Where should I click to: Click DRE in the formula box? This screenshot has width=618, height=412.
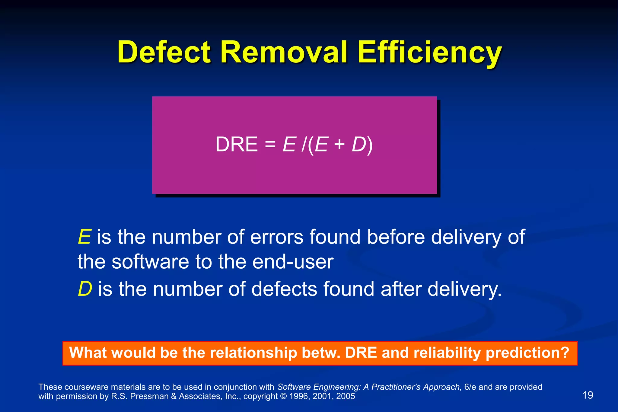pyautogui.click(x=236, y=145)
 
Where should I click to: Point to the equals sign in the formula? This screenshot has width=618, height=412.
pyautogui.click(x=270, y=145)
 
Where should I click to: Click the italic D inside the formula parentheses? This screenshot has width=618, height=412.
pyautogui.click(x=359, y=145)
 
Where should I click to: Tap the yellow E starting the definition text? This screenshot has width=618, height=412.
pyautogui.click(x=84, y=237)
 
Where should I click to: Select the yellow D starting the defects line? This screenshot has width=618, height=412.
pyautogui.click(x=84, y=289)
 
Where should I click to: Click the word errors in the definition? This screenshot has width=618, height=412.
pyautogui.click(x=277, y=237)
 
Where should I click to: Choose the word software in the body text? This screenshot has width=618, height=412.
pyautogui.click(x=150, y=262)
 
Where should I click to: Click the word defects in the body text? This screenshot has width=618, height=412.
pyautogui.click(x=284, y=289)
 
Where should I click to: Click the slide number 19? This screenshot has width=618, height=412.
pyautogui.click(x=588, y=395)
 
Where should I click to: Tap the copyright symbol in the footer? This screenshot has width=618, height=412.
pyautogui.click(x=283, y=396)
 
